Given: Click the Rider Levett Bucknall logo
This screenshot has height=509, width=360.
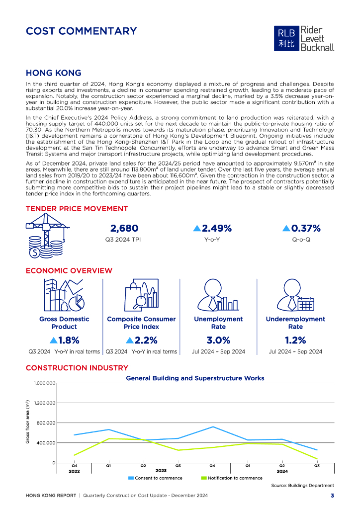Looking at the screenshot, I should [305, 39].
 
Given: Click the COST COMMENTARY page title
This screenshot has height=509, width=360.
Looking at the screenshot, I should [81, 31].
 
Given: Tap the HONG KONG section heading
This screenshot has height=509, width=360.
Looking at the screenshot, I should [53, 73].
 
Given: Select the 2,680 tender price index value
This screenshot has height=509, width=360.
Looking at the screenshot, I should [124, 229].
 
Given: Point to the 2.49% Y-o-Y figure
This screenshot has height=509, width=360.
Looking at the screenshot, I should [212, 229].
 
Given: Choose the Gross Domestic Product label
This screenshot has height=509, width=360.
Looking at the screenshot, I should [64, 323].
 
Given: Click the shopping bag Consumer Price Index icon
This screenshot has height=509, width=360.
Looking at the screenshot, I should [141, 296].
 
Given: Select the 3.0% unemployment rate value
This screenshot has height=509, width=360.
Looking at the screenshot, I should [218, 340].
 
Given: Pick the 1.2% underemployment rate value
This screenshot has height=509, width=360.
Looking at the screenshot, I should [295, 340].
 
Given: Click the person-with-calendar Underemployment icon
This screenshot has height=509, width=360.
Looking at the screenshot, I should [296, 296].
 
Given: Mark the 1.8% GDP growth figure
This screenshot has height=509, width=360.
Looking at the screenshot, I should [65, 340].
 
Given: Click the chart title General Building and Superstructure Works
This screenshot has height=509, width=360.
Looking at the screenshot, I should [195, 378].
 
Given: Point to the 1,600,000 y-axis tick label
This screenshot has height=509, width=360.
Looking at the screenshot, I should [44, 383].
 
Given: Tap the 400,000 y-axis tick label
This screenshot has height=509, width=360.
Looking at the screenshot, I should [46, 443].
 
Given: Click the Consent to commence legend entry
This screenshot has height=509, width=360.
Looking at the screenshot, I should [155, 478].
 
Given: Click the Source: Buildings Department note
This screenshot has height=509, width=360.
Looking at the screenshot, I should [302, 486].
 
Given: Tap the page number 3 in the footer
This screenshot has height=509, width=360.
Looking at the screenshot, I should [332, 496].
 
